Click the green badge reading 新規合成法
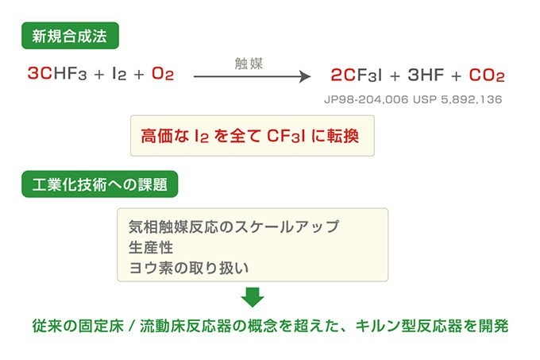pos(70,36)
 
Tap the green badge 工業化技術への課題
pos(100,184)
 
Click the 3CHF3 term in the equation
pos(57,73)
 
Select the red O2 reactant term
pos(163,73)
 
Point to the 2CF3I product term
pos(357,75)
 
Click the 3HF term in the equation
pos(426,75)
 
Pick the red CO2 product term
pos(487,75)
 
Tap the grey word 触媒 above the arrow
pos(249,64)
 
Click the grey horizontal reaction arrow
pos(252,76)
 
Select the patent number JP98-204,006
pos(366,99)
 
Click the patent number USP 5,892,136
pos(457,99)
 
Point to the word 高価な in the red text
pos(164,136)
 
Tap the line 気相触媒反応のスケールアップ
pos(233,226)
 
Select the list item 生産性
pos(151,247)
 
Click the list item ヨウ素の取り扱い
pos(189,268)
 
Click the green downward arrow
pos(253,297)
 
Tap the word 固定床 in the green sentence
pos(101,326)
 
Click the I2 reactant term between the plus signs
pos(119,73)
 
